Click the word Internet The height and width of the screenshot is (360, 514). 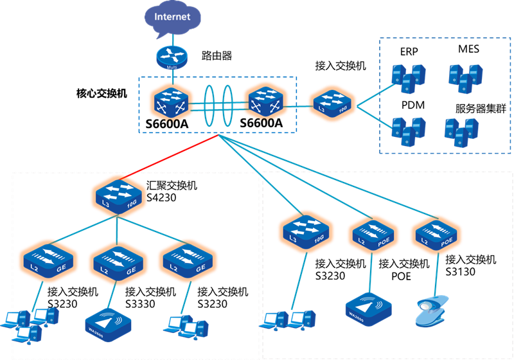[173, 16]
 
